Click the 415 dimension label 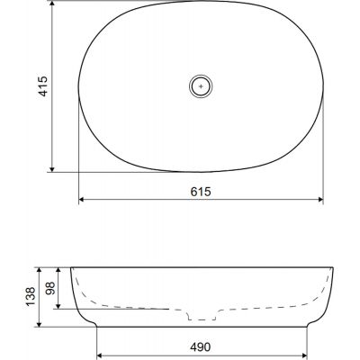pyautogui.click(x=43, y=86)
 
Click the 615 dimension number pyautogui.click(x=201, y=192)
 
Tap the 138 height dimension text pyautogui.click(x=31, y=297)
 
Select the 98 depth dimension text pyautogui.click(x=50, y=288)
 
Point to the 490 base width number pyautogui.click(x=201, y=347)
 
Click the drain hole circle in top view pyautogui.click(x=201, y=86)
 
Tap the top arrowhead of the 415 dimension pyautogui.click(x=52, y=4)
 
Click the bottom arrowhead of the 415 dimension pyautogui.click(x=52, y=169)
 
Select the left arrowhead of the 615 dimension pyautogui.click(x=82, y=199)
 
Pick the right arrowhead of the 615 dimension pyautogui.click(x=319, y=199)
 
